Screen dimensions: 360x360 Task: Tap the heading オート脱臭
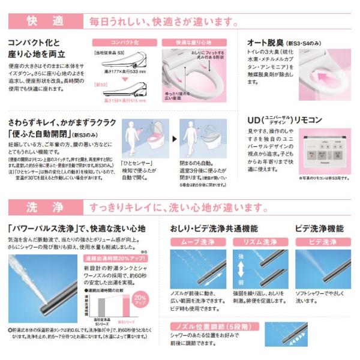(270, 43)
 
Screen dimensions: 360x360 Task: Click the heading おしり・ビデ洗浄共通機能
(222, 229)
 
